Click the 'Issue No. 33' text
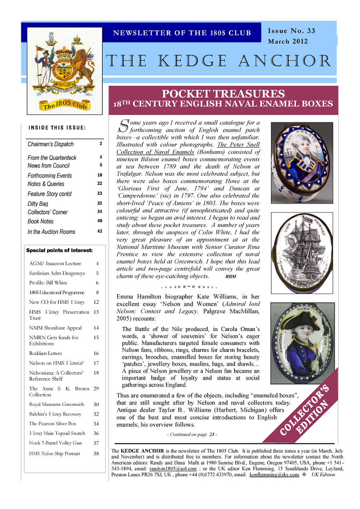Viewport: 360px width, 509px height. coord(291,31)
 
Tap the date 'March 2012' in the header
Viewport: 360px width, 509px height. coord(288,41)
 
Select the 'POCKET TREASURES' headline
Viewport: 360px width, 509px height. coord(223,94)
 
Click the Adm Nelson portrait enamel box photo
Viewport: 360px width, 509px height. coord(302,162)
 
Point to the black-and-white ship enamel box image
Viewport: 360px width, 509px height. coord(302,252)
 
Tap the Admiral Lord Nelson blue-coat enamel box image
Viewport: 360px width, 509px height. coord(302,343)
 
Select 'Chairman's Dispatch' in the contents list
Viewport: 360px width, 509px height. coord(51,144)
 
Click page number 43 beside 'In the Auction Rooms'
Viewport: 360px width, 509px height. coord(100,231)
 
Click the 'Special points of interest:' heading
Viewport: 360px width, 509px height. coord(59,250)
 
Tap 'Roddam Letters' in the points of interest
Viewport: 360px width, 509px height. coord(45,353)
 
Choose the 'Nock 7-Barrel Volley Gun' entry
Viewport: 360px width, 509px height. coord(55,443)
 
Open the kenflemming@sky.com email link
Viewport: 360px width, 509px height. coord(274,475)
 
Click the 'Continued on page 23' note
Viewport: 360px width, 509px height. coord(192,434)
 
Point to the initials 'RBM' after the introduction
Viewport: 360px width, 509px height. coord(231,277)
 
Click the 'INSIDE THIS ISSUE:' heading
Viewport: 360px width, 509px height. coord(57,128)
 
